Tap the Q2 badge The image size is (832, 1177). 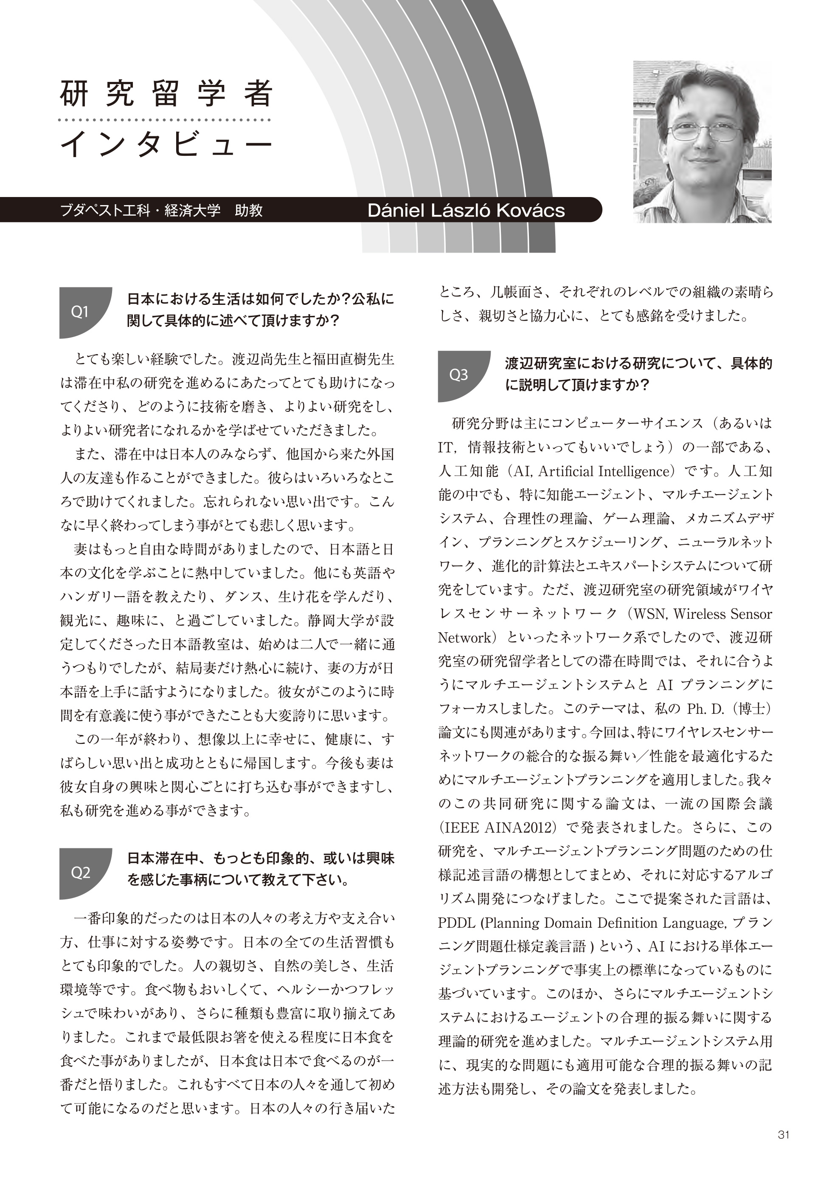(x=81, y=873)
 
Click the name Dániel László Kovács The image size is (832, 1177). (x=466, y=210)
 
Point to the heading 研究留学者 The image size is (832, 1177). (x=165, y=93)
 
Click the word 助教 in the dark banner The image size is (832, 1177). (x=249, y=210)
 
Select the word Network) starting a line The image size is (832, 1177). (x=468, y=637)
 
